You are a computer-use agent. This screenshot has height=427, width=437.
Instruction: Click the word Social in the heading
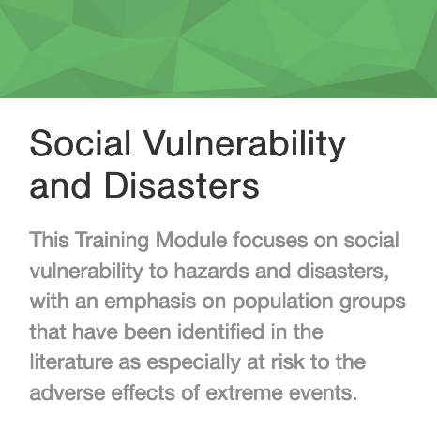click(x=80, y=143)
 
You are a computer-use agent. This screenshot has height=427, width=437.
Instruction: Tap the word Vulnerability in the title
click(x=245, y=146)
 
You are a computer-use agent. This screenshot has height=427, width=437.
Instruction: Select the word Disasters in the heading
click(x=182, y=184)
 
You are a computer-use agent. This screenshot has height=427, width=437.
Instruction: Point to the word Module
click(x=191, y=240)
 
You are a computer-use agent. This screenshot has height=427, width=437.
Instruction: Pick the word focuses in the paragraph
click(x=270, y=240)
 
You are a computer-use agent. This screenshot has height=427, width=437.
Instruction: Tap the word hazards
click(x=212, y=271)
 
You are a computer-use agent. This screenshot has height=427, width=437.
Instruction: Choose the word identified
click(x=221, y=331)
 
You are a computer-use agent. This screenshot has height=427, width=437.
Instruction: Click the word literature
click(x=71, y=362)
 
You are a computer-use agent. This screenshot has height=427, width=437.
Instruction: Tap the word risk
click(x=288, y=362)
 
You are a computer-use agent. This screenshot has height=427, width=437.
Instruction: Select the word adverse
click(x=68, y=392)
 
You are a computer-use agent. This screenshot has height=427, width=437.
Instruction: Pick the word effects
click(x=143, y=392)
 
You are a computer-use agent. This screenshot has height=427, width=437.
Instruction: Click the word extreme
click(x=244, y=393)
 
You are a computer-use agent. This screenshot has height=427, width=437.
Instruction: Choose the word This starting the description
click(x=50, y=240)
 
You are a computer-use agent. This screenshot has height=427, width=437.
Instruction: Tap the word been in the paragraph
click(x=147, y=331)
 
